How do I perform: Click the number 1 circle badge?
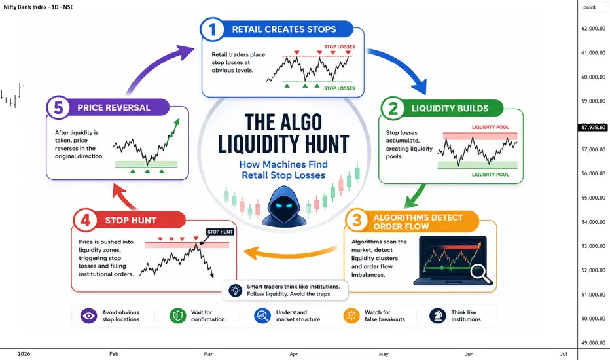click(212, 29)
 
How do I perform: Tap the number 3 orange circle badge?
click(357, 221)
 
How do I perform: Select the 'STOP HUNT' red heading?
click(131, 221)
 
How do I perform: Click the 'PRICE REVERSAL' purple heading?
click(114, 108)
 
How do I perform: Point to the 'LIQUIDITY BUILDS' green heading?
click(450, 109)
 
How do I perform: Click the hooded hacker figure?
click(284, 206)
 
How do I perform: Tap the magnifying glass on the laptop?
click(480, 275)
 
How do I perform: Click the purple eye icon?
click(89, 315)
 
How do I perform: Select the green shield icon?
click(178, 315)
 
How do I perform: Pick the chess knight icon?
click(438, 315)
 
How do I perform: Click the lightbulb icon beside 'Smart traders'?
click(236, 290)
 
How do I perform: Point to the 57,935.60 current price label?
click(594, 127)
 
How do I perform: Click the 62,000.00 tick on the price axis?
click(593, 28)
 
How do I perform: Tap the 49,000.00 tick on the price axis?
click(593, 343)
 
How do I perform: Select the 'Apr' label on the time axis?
click(294, 354)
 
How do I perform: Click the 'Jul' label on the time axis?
click(564, 354)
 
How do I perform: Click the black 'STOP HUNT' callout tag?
click(220, 232)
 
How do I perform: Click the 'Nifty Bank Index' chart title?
click(26, 7)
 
